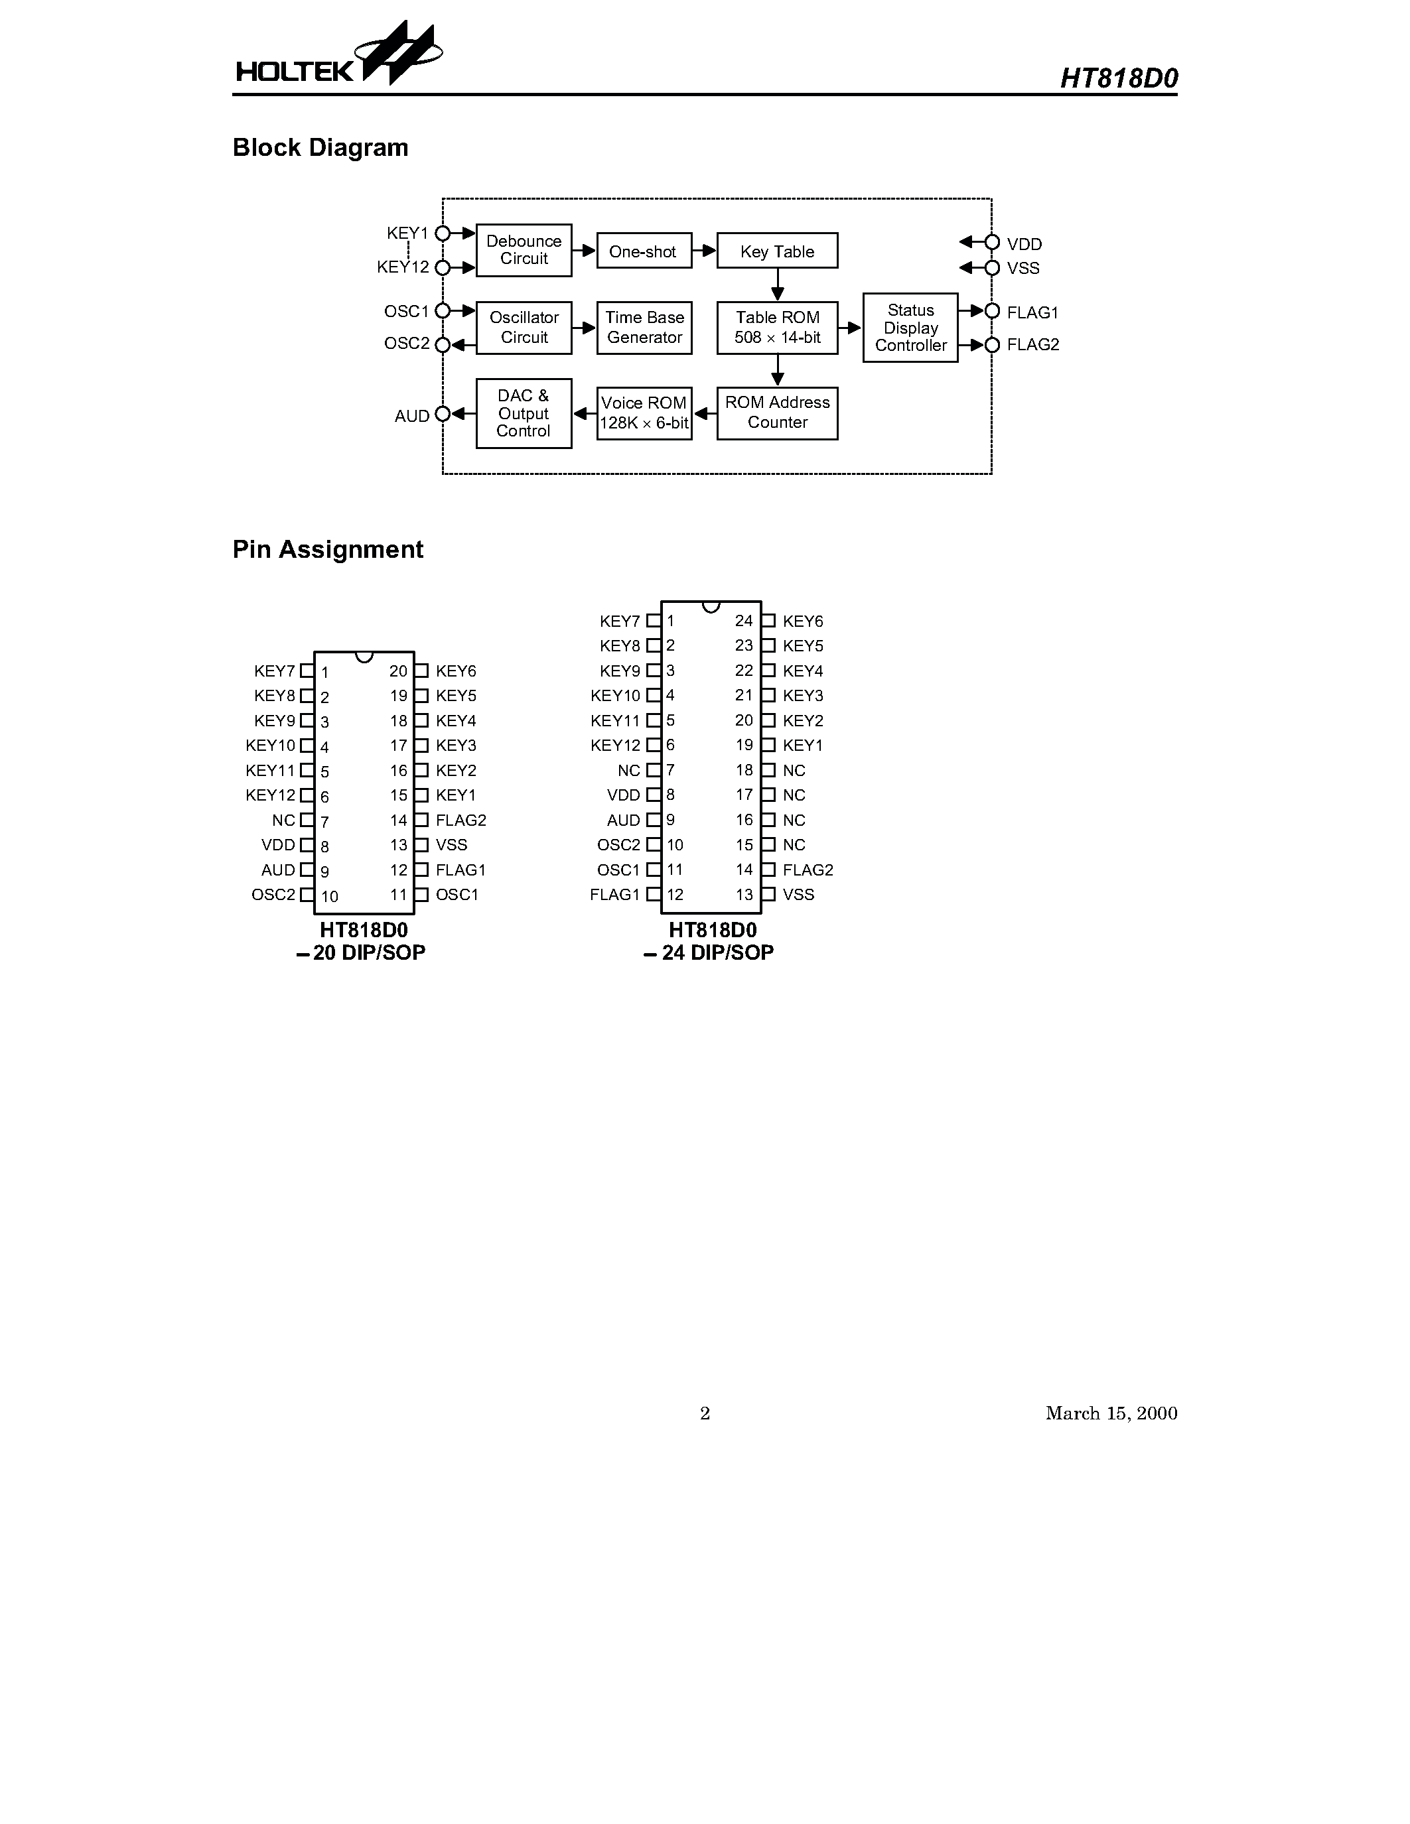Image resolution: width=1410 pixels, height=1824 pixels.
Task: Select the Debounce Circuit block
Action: pos(524,249)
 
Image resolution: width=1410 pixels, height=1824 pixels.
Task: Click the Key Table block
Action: pos(777,251)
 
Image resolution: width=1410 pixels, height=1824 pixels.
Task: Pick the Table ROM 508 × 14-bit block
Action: pos(777,328)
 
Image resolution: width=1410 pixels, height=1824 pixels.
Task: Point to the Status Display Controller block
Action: pos(910,328)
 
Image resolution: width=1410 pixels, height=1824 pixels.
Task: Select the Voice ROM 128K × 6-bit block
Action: pos(644,413)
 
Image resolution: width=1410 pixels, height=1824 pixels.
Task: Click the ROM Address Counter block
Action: pos(777,413)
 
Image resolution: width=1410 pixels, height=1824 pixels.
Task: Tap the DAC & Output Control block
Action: pos(524,413)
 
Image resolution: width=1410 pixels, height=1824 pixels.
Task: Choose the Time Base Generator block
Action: pos(644,328)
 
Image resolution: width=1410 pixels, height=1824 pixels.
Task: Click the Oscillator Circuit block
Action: pos(524,328)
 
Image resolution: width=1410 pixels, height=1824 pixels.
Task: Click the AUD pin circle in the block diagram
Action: pos(443,415)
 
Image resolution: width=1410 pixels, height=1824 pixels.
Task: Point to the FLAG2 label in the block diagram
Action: pos(1032,345)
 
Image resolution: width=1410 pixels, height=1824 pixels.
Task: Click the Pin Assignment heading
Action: pos(327,550)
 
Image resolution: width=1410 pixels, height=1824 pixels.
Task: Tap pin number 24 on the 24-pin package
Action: pos(743,621)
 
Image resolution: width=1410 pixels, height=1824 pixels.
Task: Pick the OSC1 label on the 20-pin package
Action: pos(457,895)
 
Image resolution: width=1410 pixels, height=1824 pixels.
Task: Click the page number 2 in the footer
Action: pos(705,1413)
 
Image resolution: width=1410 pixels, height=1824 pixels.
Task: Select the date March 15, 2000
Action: pos(1111,1413)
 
